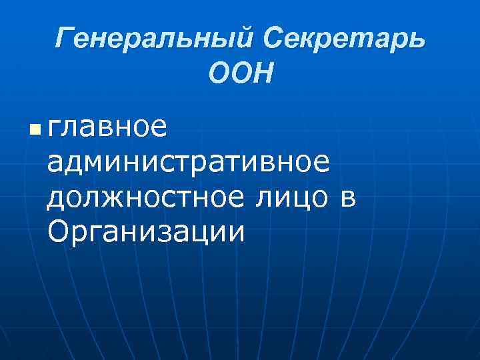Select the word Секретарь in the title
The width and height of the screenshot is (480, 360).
(x=343, y=39)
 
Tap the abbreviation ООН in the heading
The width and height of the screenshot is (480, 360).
(x=241, y=73)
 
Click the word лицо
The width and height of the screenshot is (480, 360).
(x=299, y=197)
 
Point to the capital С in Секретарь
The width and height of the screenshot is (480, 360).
(x=274, y=39)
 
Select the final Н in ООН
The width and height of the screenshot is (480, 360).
(x=263, y=73)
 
